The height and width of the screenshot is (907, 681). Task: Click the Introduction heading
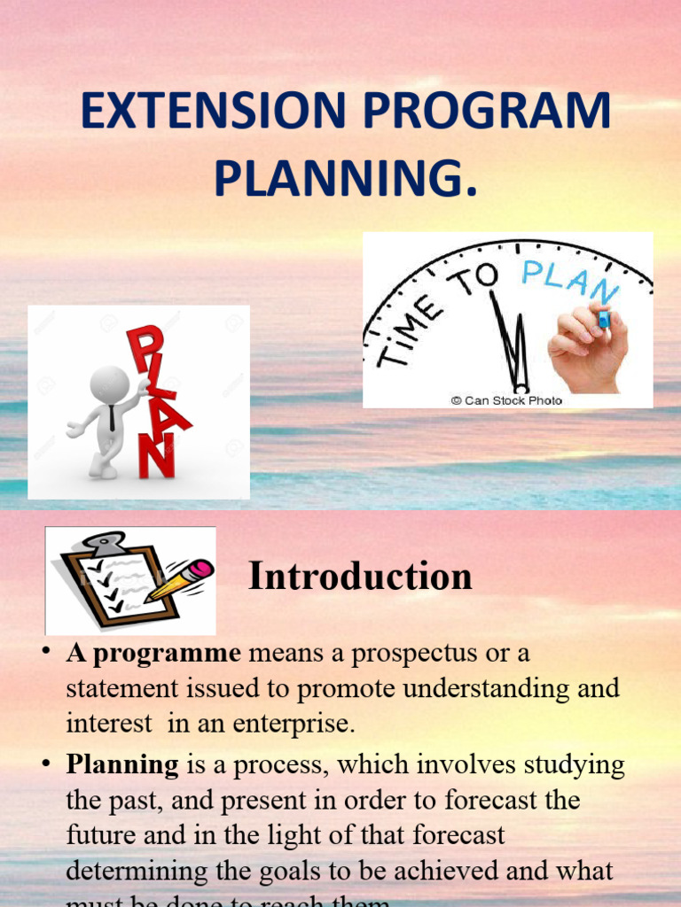(x=360, y=577)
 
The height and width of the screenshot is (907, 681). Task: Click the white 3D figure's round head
(x=109, y=384)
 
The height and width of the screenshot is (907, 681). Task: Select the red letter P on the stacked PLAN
(x=145, y=347)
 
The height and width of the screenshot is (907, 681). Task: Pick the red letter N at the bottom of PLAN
(x=155, y=458)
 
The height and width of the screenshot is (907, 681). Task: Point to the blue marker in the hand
(x=604, y=316)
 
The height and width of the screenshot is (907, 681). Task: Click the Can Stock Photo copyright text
(x=506, y=400)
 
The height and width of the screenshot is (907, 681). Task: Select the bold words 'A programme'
(x=153, y=655)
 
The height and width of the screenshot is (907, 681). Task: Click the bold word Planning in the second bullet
(x=122, y=764)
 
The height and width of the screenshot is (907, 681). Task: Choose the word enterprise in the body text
(x=297, y=724)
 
